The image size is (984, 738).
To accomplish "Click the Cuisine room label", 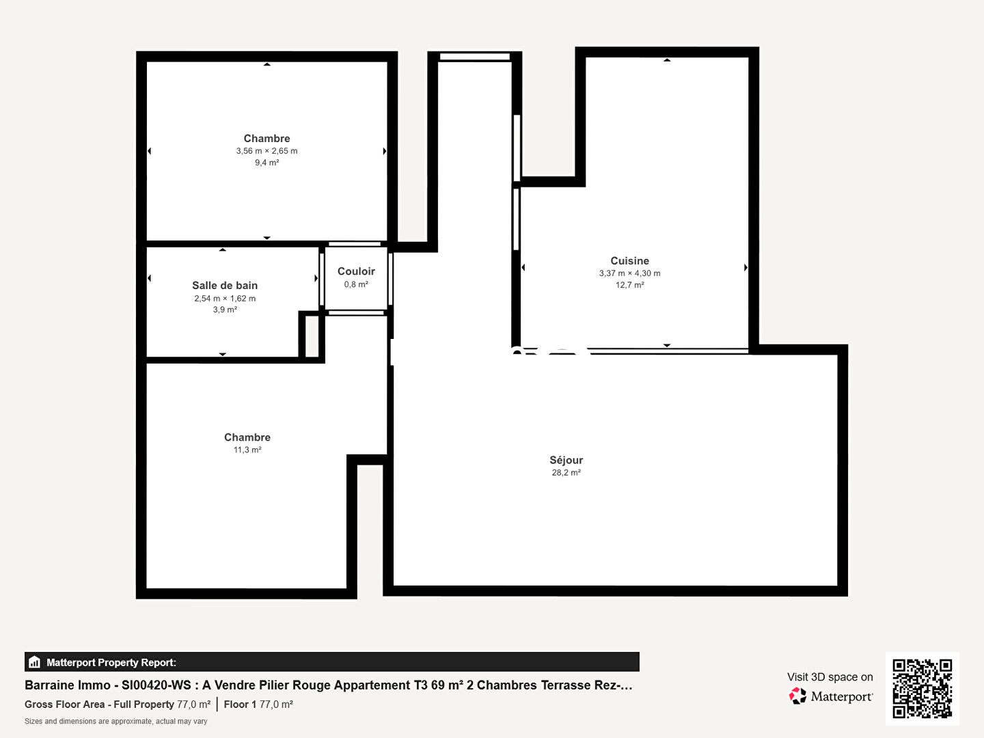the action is click(x=629, y=261).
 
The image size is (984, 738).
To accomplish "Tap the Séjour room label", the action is click(x=566, y=460).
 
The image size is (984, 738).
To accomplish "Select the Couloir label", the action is click(x=356, y=271).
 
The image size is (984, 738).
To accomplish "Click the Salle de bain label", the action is click(x=225, y=286).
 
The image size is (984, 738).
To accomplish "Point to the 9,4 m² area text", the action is click(x=266, y=163).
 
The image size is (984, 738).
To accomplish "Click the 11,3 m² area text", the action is click(x=247, y=450).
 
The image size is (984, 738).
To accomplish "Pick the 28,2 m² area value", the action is click(x=566, y=473).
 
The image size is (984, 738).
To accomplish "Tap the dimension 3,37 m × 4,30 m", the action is click(x=629, y=273).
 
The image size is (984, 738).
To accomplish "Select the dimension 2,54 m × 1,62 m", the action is click(x=225, y=299).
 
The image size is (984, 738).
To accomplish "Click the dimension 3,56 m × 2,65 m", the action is click(x=266, y=151).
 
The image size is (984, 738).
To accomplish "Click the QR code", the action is click(x=922, y=689).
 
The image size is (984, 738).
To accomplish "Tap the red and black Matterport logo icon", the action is click(x=797, y=696).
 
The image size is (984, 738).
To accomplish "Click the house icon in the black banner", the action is click(x=35, y=662).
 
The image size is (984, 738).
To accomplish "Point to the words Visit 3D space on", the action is click(x=830, y=677).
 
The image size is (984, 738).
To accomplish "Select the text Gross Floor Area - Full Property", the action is click(x=99, y=705).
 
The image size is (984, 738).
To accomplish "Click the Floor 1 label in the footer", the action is click(x=240, y=705).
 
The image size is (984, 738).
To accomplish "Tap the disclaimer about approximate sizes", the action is click(x=115, y=722).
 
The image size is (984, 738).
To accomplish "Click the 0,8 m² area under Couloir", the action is click(x=356, y=284).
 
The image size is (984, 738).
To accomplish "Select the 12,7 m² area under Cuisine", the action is click(x=629, y=285).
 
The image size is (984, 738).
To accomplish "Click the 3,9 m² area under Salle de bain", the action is click(x=225, y=310).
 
